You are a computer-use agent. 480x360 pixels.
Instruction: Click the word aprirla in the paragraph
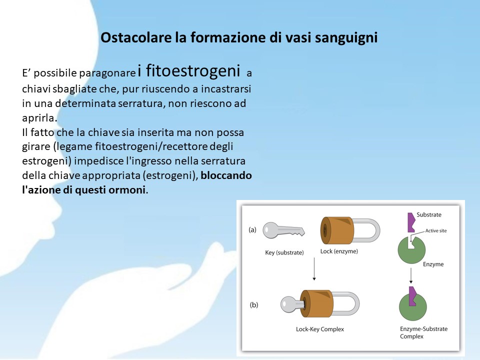coord(39,118)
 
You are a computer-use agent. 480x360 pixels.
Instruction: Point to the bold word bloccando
coord(226,175)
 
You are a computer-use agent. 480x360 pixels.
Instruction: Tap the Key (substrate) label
coord(284,252)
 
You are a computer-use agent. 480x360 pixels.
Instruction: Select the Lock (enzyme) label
coord(339,251)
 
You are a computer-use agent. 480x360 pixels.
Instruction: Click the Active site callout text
coord(436,231)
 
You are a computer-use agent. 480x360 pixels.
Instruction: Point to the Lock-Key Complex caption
coord(320,329)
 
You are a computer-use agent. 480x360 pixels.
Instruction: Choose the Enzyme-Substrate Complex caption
coord(423,332)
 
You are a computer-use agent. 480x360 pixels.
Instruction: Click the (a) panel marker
coord(252,229)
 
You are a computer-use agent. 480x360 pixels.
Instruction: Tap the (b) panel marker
coord(254,305)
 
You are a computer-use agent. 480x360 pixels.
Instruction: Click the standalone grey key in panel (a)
coord(283,230)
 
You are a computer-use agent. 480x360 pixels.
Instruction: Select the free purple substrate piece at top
coord(411,222)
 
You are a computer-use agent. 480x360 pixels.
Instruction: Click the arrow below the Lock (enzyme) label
coord(314,269)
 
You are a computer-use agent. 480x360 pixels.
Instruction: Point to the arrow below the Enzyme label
coord(411,275)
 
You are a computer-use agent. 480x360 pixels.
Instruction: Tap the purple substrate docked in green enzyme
coord(412,296)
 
